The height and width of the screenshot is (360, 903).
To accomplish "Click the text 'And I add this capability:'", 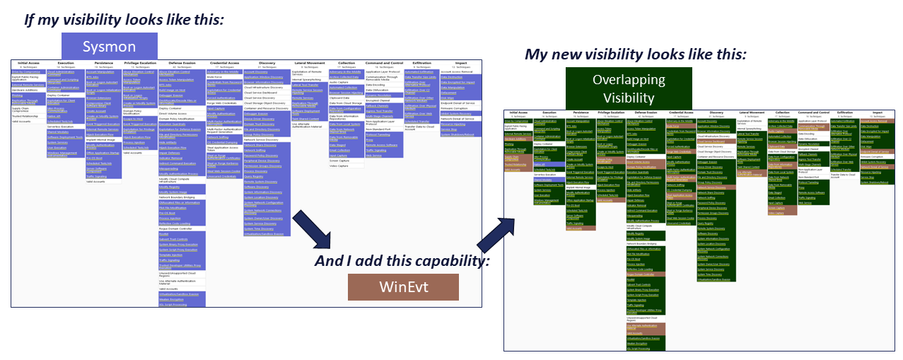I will tap(402, 261).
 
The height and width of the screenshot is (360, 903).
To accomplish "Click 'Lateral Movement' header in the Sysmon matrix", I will tap(308, 62).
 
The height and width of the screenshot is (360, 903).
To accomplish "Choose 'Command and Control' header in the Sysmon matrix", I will tap(384, 62).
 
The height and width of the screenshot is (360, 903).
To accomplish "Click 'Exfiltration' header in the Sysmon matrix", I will tap(421, 62).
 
